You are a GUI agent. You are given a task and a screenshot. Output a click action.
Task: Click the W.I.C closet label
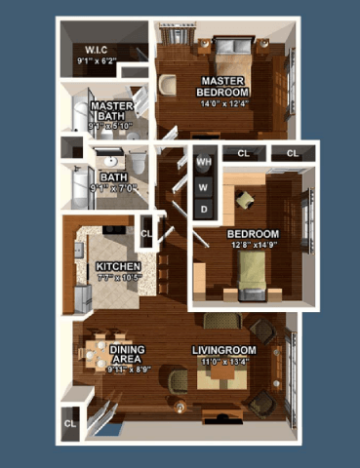click(97, 49)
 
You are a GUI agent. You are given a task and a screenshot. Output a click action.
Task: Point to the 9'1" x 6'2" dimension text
click(97, 61)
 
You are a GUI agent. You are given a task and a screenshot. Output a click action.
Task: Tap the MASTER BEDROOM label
click(224, 85)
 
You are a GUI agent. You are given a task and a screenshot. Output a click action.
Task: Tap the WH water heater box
click(204, 162)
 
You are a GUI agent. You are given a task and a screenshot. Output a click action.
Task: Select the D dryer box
click(204, 209)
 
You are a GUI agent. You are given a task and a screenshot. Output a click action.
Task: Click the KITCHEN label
click(118, 266)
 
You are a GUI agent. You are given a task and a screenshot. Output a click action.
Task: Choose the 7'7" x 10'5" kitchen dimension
click(118, 278)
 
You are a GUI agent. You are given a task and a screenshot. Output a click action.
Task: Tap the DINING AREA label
click(128, 355)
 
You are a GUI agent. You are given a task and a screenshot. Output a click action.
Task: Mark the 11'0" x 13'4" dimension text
click(222, 362)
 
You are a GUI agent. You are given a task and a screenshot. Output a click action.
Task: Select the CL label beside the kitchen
click(146, 234)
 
